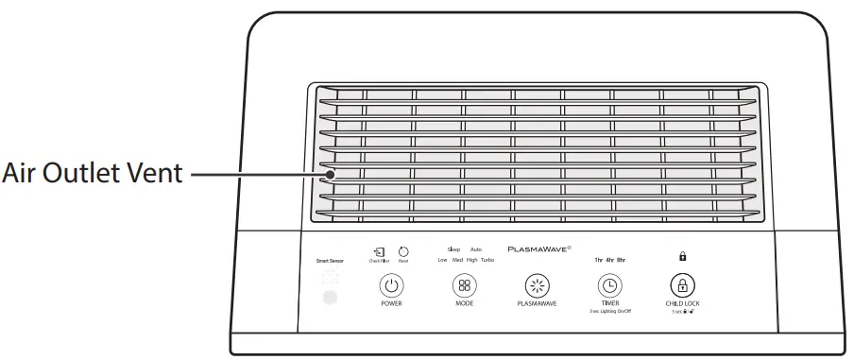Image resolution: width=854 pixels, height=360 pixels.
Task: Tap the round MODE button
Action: pos(464,285)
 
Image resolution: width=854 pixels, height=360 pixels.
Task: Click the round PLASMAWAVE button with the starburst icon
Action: pos(537,285)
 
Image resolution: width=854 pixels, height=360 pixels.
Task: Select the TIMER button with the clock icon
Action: pos(609,285)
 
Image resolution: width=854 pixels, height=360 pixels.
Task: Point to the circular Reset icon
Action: pos(403,252)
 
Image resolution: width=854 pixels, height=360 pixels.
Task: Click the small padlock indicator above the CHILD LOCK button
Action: pos(682,255)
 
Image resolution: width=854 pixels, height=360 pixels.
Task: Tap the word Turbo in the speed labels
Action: pos(487,260)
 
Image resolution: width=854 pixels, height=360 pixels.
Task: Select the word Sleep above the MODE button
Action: pos(453,249)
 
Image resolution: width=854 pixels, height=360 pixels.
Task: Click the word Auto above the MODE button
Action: pos(476,249)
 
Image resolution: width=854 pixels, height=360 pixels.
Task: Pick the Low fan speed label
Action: pos(442,260)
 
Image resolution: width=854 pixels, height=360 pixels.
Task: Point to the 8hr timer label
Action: pos(621,258)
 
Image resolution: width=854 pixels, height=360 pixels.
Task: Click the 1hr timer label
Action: pos(598,258)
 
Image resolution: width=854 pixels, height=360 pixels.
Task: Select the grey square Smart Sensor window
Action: pos(330,298)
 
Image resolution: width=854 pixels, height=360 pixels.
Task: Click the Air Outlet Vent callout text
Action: pos(91,175)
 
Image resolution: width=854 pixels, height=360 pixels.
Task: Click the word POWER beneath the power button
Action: pos(391,305)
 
